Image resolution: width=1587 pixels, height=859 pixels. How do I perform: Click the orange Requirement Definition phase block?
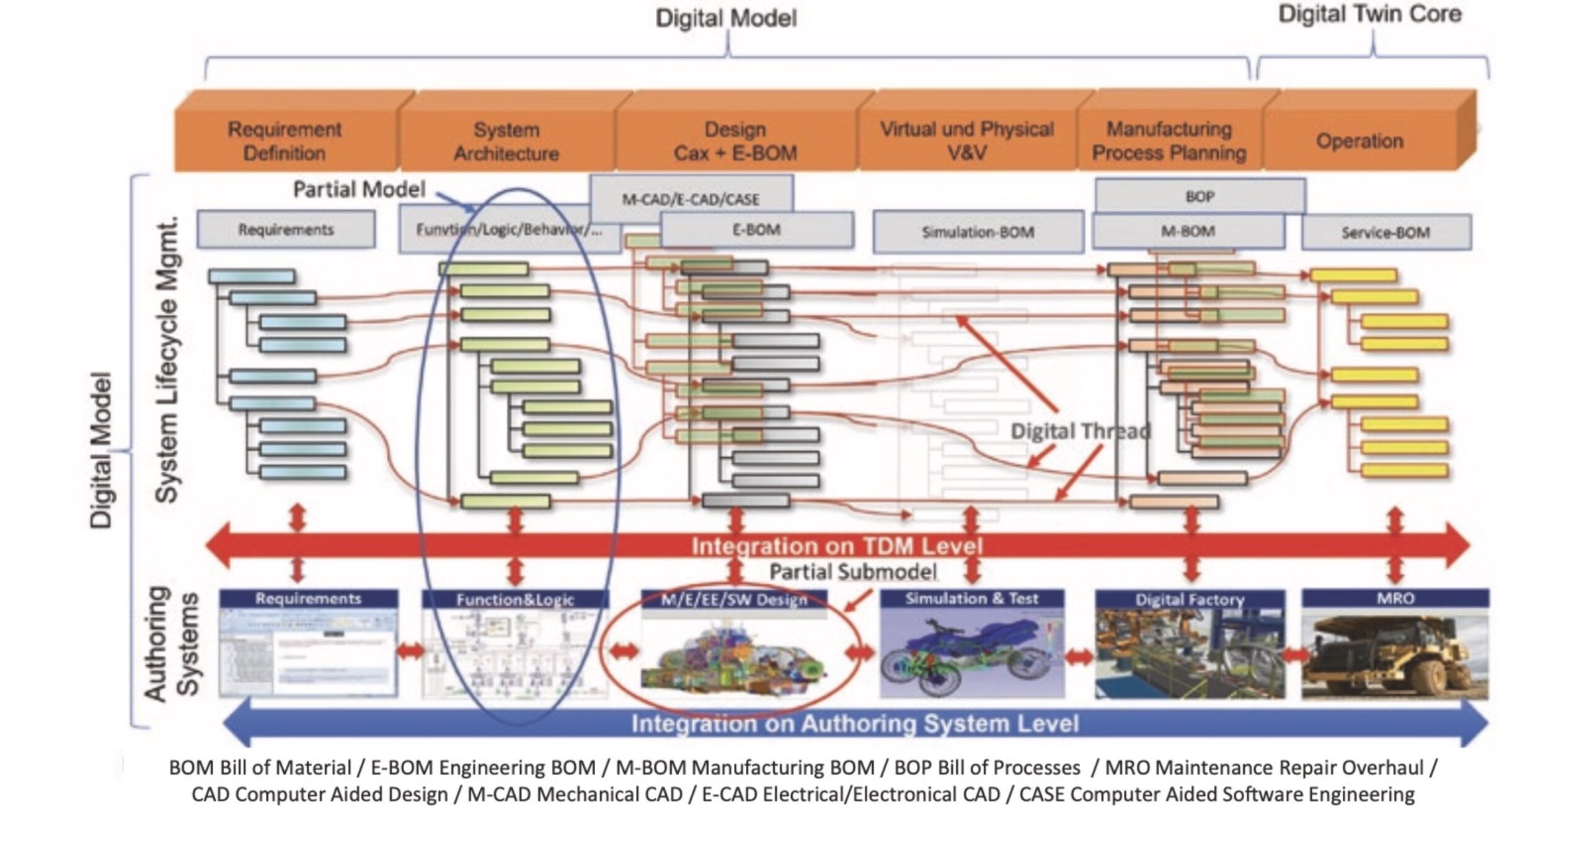(x=285, y=141)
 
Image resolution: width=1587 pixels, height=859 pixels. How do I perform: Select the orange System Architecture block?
(x=506, y=141)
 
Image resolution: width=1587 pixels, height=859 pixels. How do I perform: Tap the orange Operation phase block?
(x=1359, y=141)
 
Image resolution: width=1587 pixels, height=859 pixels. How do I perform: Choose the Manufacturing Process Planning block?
(x=1169, y=141)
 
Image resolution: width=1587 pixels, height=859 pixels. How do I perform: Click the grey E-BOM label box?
(x=756, y=230)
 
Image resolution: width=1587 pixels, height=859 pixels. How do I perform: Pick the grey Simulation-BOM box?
(x=978, y=232)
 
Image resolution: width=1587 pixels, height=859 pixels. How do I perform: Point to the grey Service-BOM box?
(x=1386, y=232)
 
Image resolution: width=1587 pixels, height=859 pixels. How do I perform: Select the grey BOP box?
(x=1200, y=196)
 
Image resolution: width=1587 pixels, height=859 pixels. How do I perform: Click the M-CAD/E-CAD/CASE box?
(x=690, y=198)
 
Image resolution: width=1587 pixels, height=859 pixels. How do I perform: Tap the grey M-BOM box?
(x=1187, y=231)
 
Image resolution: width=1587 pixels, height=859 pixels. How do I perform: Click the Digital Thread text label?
(x=1081, y=431)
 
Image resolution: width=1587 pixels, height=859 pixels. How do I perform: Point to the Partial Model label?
(x=359, y=189)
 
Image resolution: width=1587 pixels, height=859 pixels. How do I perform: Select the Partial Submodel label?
(x=853, y=571)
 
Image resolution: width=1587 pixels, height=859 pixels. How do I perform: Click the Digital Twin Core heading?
(x=1369, y=14)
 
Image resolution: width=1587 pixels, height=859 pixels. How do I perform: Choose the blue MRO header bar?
(x=1395, y=598)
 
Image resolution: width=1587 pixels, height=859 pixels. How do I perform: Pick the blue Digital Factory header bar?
(x=1190, y=599)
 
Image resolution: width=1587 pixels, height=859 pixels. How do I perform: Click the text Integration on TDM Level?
(x=837, y=546)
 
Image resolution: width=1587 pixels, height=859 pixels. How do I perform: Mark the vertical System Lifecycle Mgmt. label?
(x=166, y=359)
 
